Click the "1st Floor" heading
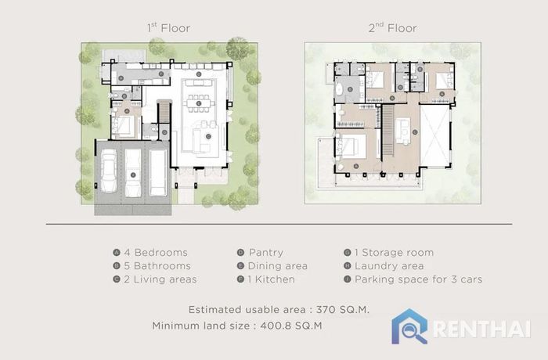169,28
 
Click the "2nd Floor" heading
392,28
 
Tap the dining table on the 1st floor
199,103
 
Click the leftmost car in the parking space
109,171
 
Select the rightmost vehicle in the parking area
157,173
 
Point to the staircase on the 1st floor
164,112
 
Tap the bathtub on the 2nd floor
339,90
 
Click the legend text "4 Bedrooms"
156,252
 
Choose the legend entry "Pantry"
266,252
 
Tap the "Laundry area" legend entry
389,266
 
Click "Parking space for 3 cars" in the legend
418,279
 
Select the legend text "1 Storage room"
394,252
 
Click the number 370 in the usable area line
326,310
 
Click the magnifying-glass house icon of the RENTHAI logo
409,326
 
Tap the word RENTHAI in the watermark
482,329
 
